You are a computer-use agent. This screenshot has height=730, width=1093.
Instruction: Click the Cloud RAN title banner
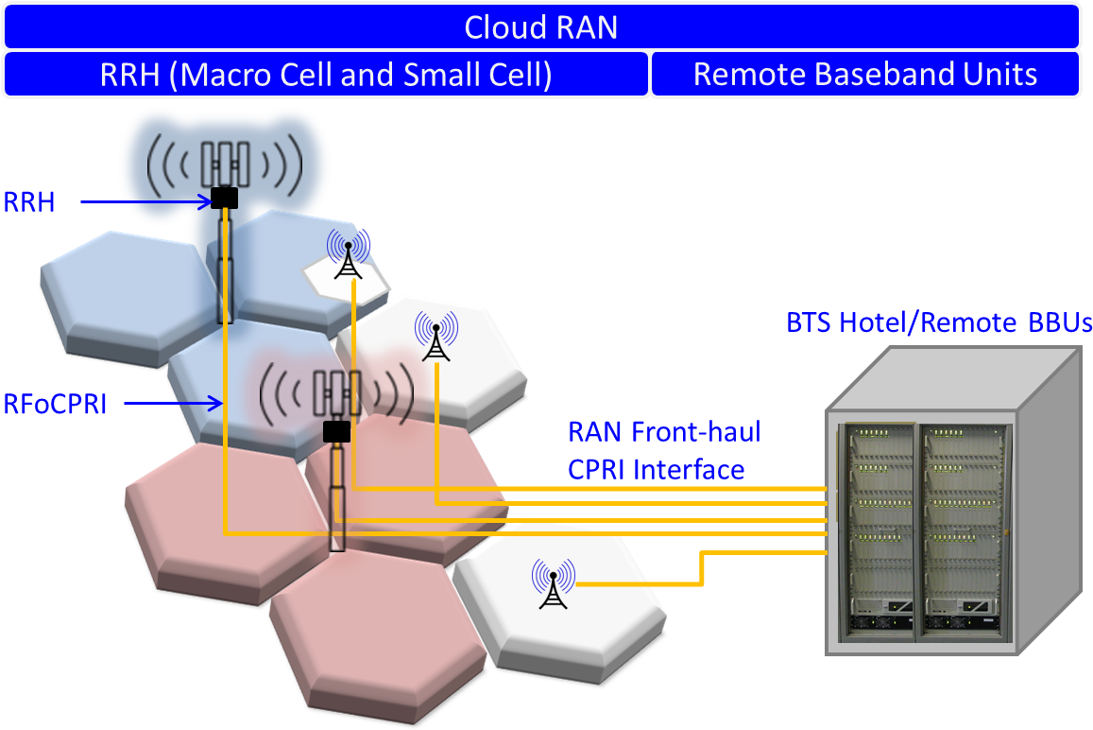coord(541,26)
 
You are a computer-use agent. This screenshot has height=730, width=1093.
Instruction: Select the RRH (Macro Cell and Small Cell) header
coord(326,75)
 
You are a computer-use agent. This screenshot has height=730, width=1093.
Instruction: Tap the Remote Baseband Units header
coord(864,75)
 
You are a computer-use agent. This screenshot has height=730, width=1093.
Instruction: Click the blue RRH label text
coord(30,201)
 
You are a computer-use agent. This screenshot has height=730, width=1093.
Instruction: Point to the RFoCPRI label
coord(55,405)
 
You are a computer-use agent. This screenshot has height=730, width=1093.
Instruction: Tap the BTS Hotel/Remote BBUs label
coord(938,322)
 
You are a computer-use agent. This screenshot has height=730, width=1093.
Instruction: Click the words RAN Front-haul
coord(664,433)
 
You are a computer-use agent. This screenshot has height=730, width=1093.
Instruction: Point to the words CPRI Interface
coord(656,469)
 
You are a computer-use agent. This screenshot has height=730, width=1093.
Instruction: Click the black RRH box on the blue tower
coord(224,198)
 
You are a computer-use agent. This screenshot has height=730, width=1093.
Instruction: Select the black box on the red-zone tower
coord(336,432)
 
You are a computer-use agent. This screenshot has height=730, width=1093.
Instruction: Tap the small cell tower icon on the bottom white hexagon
coord(553,583)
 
